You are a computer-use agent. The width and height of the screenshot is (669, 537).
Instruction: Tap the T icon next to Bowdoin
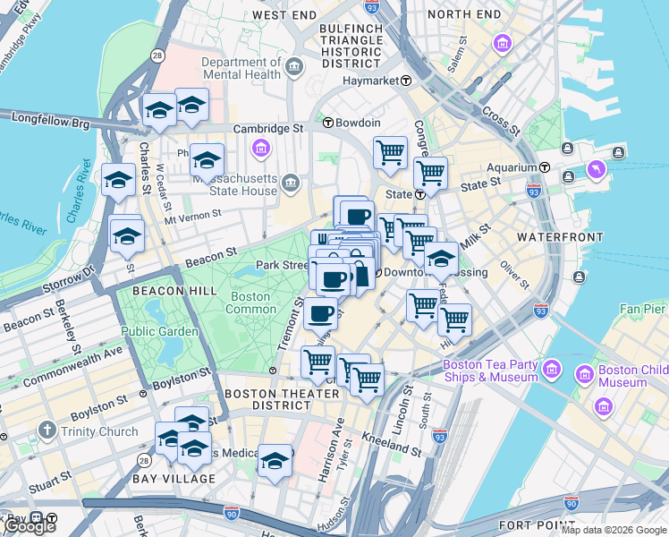[328, 123]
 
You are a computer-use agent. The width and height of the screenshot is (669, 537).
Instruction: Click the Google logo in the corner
[29, 526]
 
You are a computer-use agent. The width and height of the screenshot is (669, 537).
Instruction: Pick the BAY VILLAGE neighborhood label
[174, 479]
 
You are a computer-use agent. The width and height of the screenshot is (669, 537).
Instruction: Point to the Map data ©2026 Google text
[614, 530]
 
